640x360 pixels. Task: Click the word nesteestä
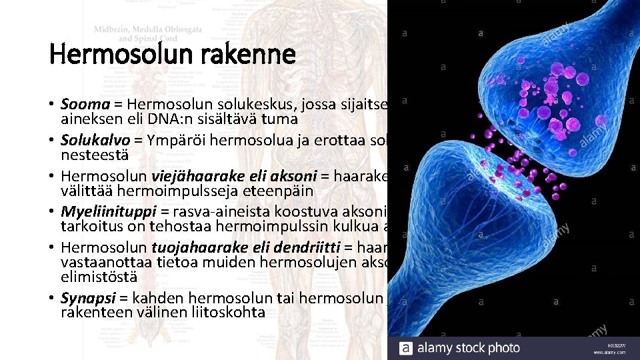(87, 155)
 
